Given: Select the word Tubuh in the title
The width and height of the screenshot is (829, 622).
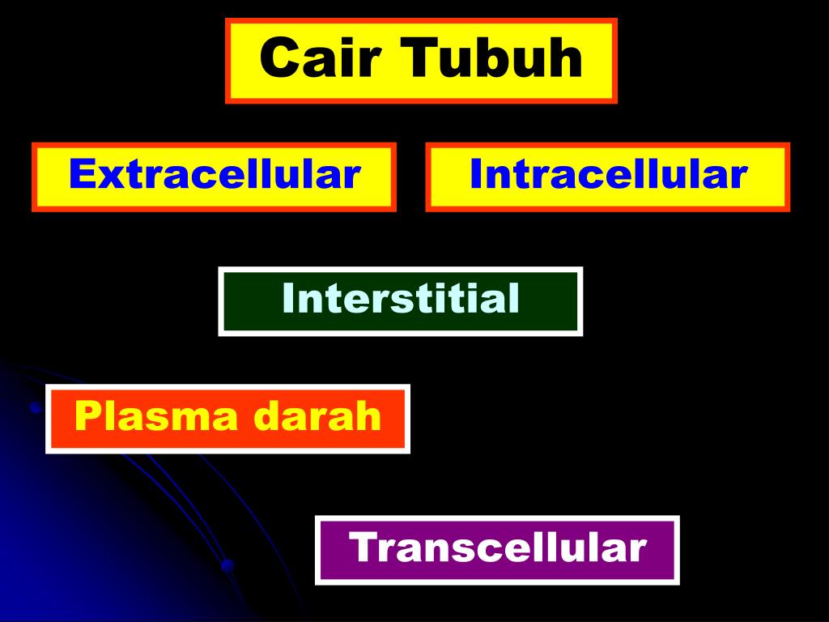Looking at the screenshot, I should point(494,58).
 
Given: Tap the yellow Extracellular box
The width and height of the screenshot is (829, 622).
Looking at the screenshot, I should point(214,177).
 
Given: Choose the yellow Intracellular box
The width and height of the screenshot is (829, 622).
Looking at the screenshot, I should point(607,177).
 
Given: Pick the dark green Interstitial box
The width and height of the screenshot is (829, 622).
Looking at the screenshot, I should point(400,300).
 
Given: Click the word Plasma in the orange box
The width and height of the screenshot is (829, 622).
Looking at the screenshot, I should point(159,417).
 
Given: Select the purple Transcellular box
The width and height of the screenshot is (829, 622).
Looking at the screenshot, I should point(497,549).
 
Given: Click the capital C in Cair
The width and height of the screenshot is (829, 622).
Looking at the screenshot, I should point(278,58).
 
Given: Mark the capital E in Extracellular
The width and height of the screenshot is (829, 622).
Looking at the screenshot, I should point(79,174).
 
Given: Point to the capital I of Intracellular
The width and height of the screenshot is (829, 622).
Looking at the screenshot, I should point(476,174).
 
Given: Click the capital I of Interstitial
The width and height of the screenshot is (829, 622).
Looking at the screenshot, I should point(287,299).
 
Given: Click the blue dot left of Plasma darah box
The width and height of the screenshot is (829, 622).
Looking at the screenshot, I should point(35,407).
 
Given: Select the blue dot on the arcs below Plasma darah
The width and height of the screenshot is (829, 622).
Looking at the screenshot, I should point(227,564).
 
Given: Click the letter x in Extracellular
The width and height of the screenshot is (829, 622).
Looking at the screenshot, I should point(103,177).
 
